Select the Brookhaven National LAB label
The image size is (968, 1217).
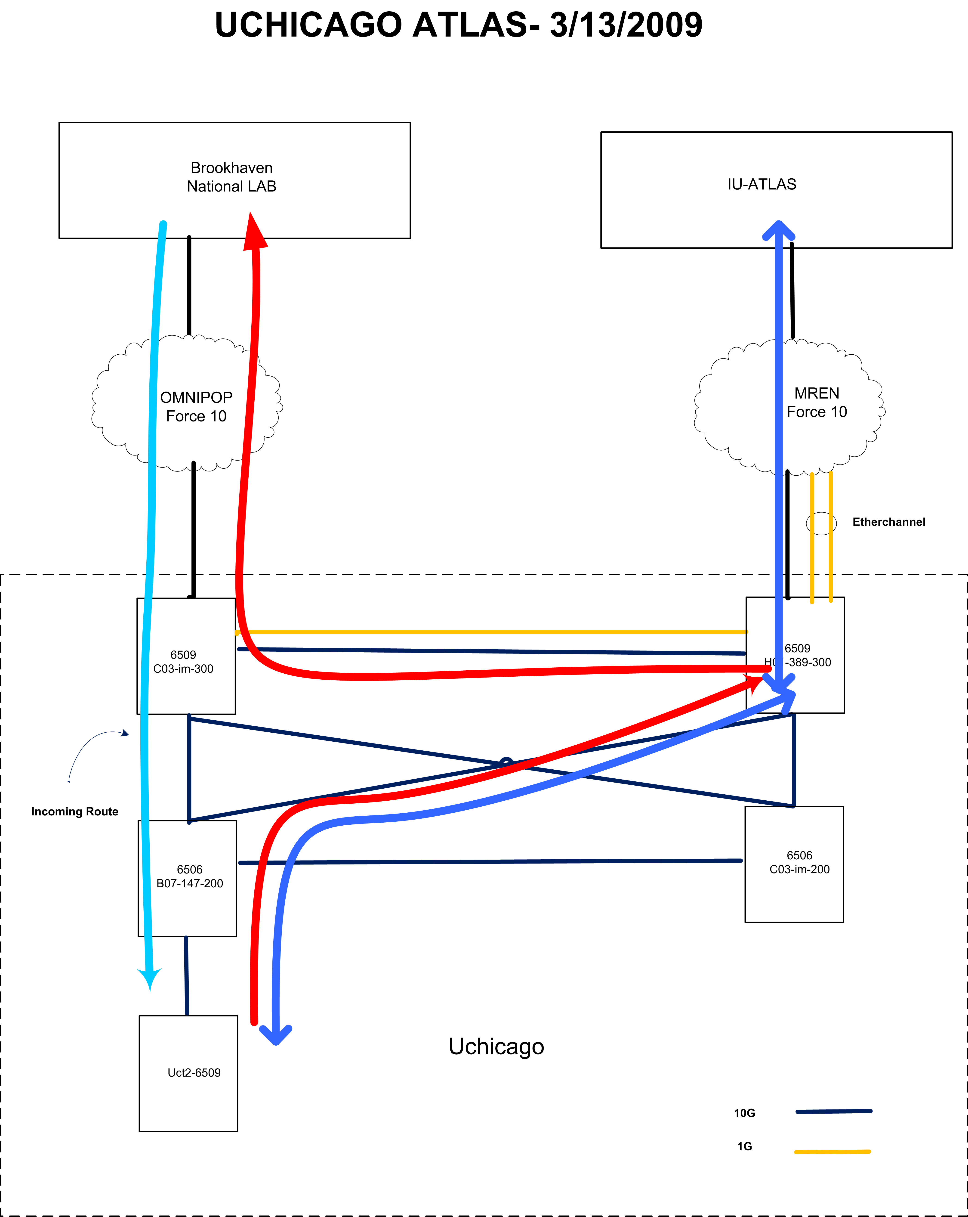click(x=231, y=177)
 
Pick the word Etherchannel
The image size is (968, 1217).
click(x=888, y=522)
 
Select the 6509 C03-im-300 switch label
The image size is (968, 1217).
click(x=183, y=662)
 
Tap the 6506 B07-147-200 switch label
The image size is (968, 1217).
click(x=190, y=876)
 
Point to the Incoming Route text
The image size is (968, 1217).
click(x=74, y=812)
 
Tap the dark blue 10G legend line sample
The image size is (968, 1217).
click(x=834, y=1112)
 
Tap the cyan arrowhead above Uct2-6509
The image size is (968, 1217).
click(x=150, y=979)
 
